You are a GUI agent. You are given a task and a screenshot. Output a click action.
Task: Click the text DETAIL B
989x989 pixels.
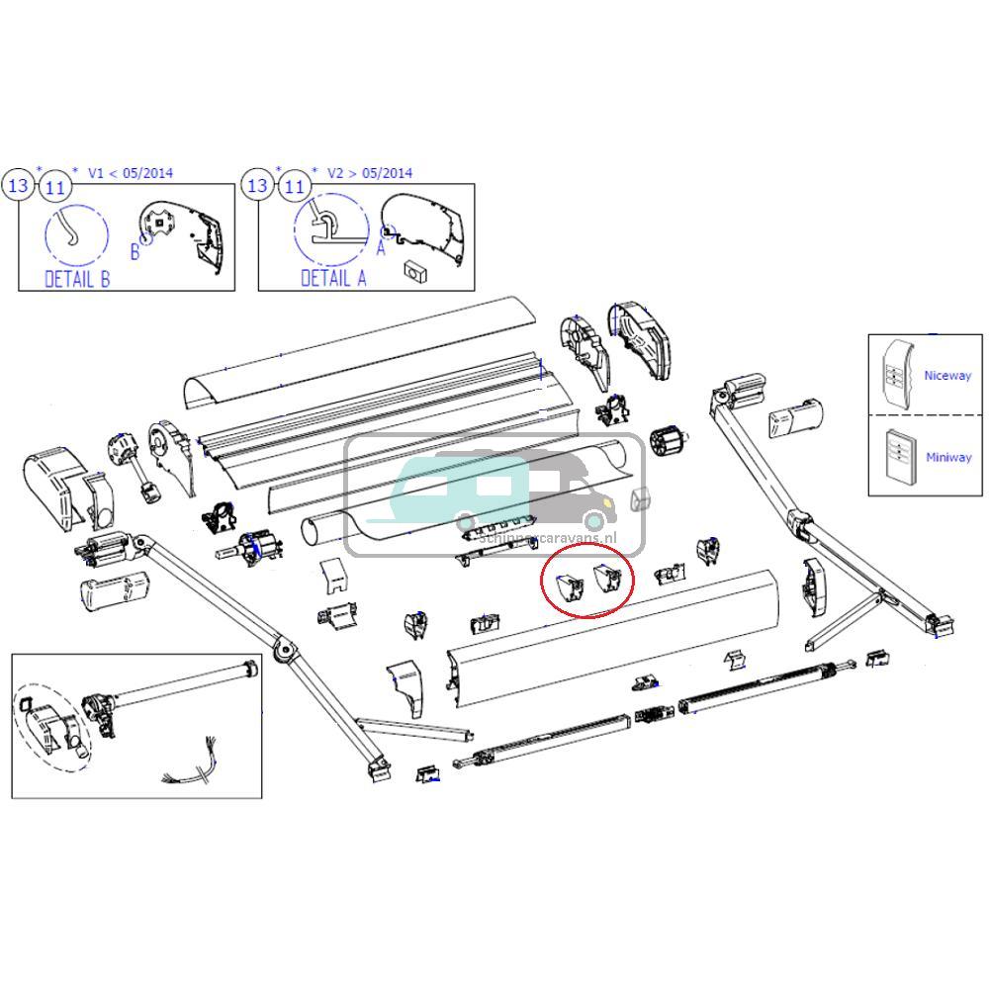pos(77,278)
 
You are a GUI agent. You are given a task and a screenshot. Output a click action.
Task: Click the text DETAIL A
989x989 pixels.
pos(332,278)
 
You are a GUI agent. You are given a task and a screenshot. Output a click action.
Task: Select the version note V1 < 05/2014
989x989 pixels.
pos(130,173)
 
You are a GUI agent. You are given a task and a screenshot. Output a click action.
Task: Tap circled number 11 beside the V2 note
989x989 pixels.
pos(294,186)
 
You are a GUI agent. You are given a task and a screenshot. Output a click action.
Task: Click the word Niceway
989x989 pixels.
pos(946,376)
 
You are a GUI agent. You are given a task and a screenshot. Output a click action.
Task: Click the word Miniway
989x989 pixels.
pos(947,457)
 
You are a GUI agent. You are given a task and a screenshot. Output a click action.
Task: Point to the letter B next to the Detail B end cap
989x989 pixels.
pos(135,252)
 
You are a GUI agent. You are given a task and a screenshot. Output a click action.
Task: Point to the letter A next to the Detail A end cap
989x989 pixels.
pos(381,248)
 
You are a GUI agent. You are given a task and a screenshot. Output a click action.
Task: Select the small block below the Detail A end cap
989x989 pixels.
pos(412,270)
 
